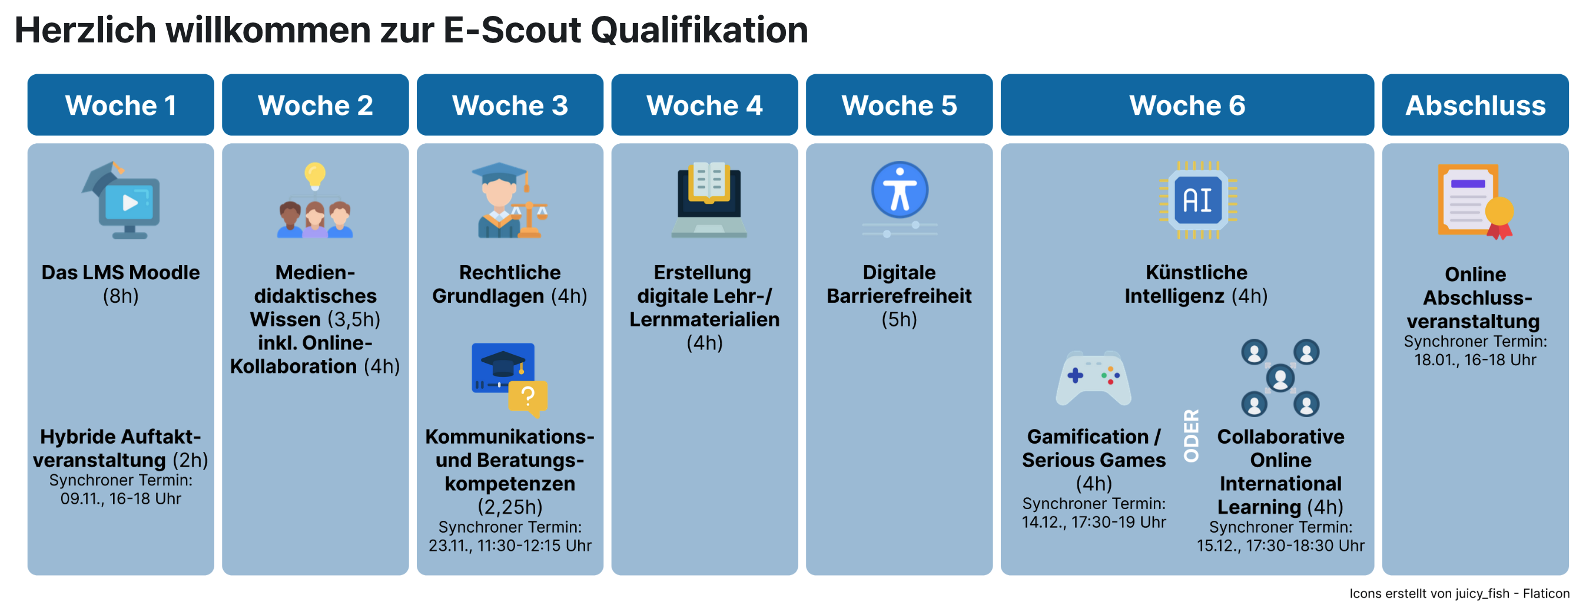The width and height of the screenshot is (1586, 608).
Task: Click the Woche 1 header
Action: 121,105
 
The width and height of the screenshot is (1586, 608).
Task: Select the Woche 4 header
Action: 704,105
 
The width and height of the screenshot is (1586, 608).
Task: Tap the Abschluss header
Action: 1475,105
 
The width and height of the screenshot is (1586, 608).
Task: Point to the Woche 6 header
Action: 1186,105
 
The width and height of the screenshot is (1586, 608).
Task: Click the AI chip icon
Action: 1197,200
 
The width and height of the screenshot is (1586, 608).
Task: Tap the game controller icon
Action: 1093,378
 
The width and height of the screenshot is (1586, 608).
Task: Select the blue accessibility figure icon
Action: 900,190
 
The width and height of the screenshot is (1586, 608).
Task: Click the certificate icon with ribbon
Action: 1475,201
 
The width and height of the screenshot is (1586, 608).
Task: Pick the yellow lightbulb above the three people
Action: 314,174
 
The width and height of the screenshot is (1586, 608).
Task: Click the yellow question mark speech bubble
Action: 527,397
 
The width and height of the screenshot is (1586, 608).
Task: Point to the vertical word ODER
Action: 1192,435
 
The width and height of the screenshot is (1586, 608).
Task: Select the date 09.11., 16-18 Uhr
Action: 121,498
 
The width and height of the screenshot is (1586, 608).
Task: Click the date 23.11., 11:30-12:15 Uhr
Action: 510,545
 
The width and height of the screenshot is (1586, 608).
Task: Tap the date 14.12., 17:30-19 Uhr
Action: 1093,522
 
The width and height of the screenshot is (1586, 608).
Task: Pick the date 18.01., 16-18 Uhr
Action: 1475,360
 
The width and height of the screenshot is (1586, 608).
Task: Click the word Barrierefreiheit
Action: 899,296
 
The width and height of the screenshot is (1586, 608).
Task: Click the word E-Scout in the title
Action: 512,29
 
